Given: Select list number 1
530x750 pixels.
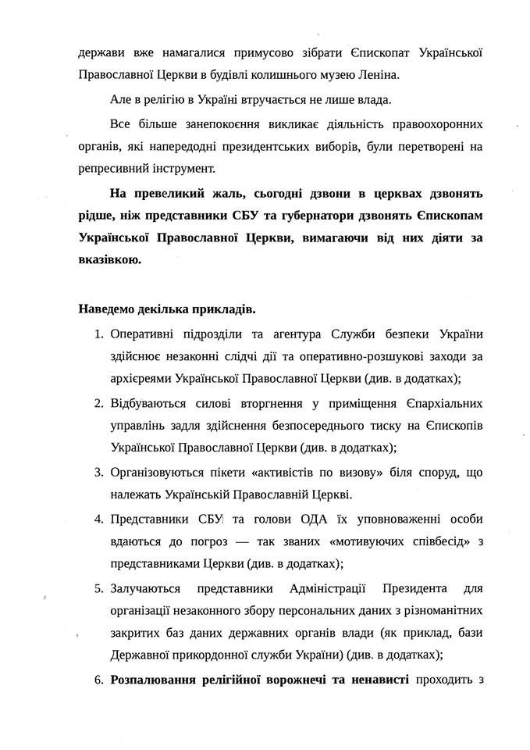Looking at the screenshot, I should pyautogui.click(x=99, y=334).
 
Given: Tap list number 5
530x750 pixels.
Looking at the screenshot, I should pyautogui.click(x=99, y=587).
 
